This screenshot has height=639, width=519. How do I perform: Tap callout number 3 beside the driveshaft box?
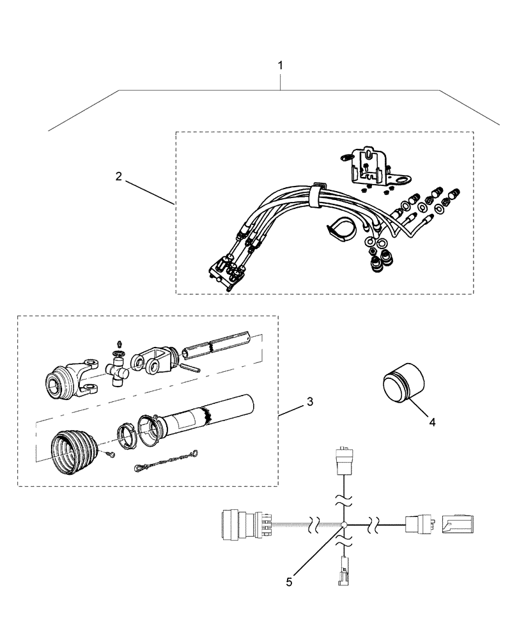309,402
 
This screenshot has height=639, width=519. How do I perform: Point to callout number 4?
432,422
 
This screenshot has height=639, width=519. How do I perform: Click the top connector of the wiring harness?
344,459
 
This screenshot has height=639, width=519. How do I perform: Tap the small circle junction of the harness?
344,525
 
